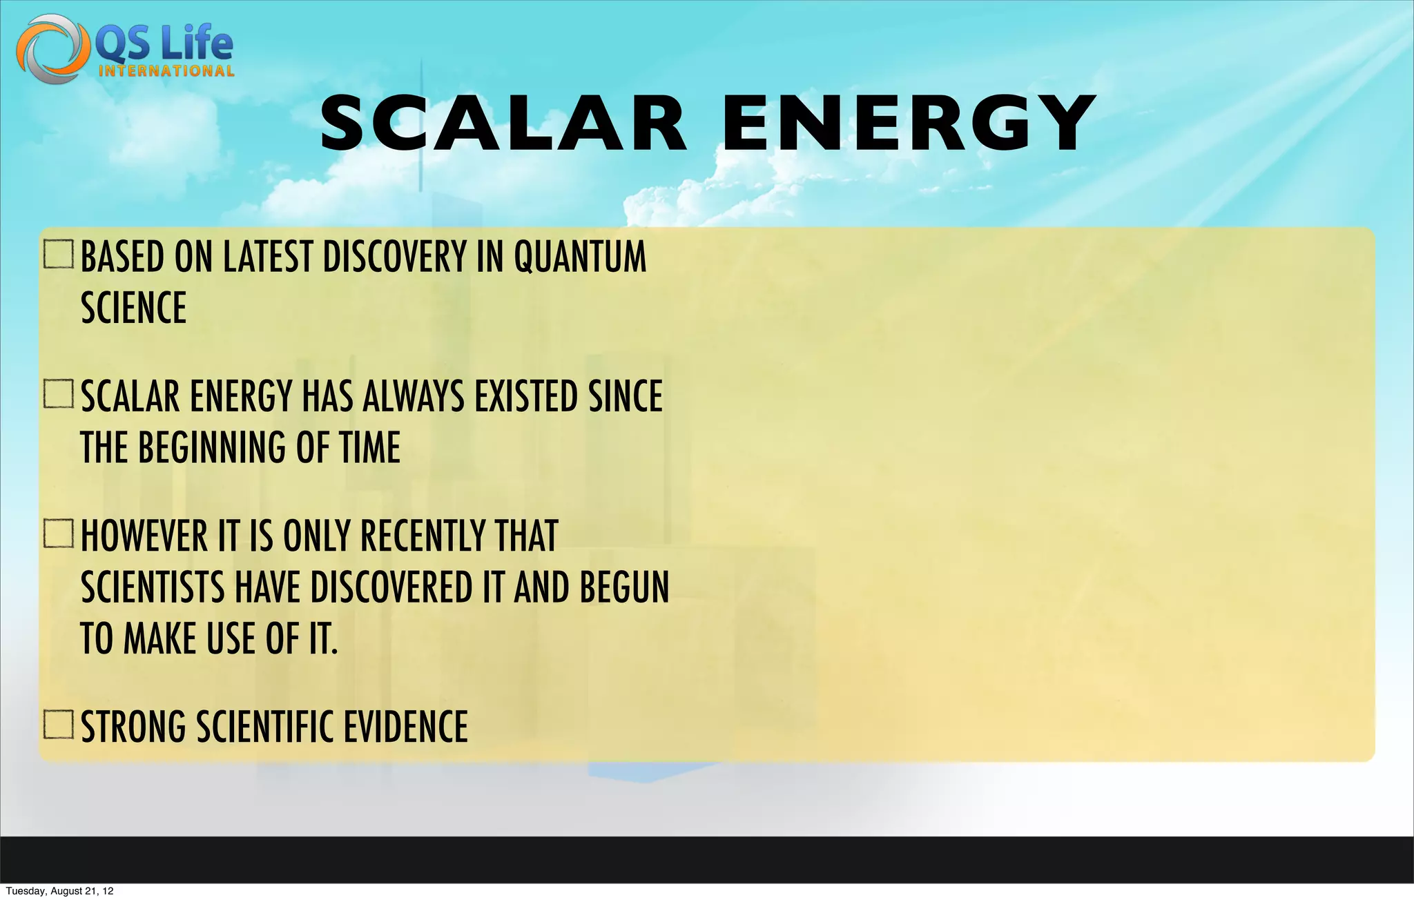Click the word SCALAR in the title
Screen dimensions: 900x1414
pos(504,124)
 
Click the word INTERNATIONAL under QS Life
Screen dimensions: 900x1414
pos(166,71)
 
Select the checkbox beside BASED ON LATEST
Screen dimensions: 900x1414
pos(59,255)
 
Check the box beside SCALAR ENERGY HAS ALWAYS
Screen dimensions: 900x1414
pos(59,394)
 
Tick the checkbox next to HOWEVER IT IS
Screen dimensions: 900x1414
pos(59,534)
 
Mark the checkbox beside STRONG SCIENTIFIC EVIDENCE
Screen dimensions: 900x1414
pos(59,725)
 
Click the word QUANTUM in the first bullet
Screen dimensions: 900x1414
pos(580,257)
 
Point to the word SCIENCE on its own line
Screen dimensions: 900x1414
pos(134,308)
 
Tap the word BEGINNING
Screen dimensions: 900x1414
pos(211,447)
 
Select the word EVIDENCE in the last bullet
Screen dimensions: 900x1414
pos(405,727)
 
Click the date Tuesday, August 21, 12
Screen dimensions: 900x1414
pos(59,891)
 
